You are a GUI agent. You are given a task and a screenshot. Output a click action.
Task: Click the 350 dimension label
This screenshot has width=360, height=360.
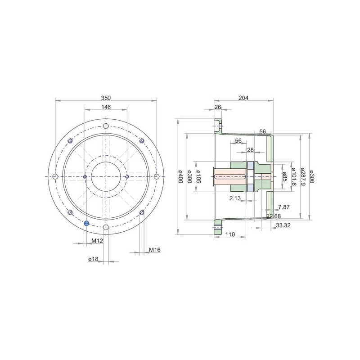pos(106,98)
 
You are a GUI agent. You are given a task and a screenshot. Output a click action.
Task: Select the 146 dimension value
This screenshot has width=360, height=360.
pos(106,107)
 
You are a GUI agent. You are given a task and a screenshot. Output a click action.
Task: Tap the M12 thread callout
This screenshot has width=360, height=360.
pos(97,241)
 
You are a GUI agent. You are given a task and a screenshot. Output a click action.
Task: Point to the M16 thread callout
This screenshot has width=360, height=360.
pos(155,250)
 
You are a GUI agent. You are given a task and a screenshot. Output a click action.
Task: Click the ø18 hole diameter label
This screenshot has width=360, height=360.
pos(93,259)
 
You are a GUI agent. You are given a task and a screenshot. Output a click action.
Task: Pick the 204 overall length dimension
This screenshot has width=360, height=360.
pos(243,98)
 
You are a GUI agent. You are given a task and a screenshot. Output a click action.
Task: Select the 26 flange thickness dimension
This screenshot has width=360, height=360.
pos(218,107)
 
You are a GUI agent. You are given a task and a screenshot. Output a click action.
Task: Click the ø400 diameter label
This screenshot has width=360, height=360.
pos(180,176)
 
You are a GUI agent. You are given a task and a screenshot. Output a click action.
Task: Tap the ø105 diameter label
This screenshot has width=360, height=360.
pos(198,176)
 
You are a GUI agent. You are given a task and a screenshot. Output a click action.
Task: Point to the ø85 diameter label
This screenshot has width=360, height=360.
pos(285,176)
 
